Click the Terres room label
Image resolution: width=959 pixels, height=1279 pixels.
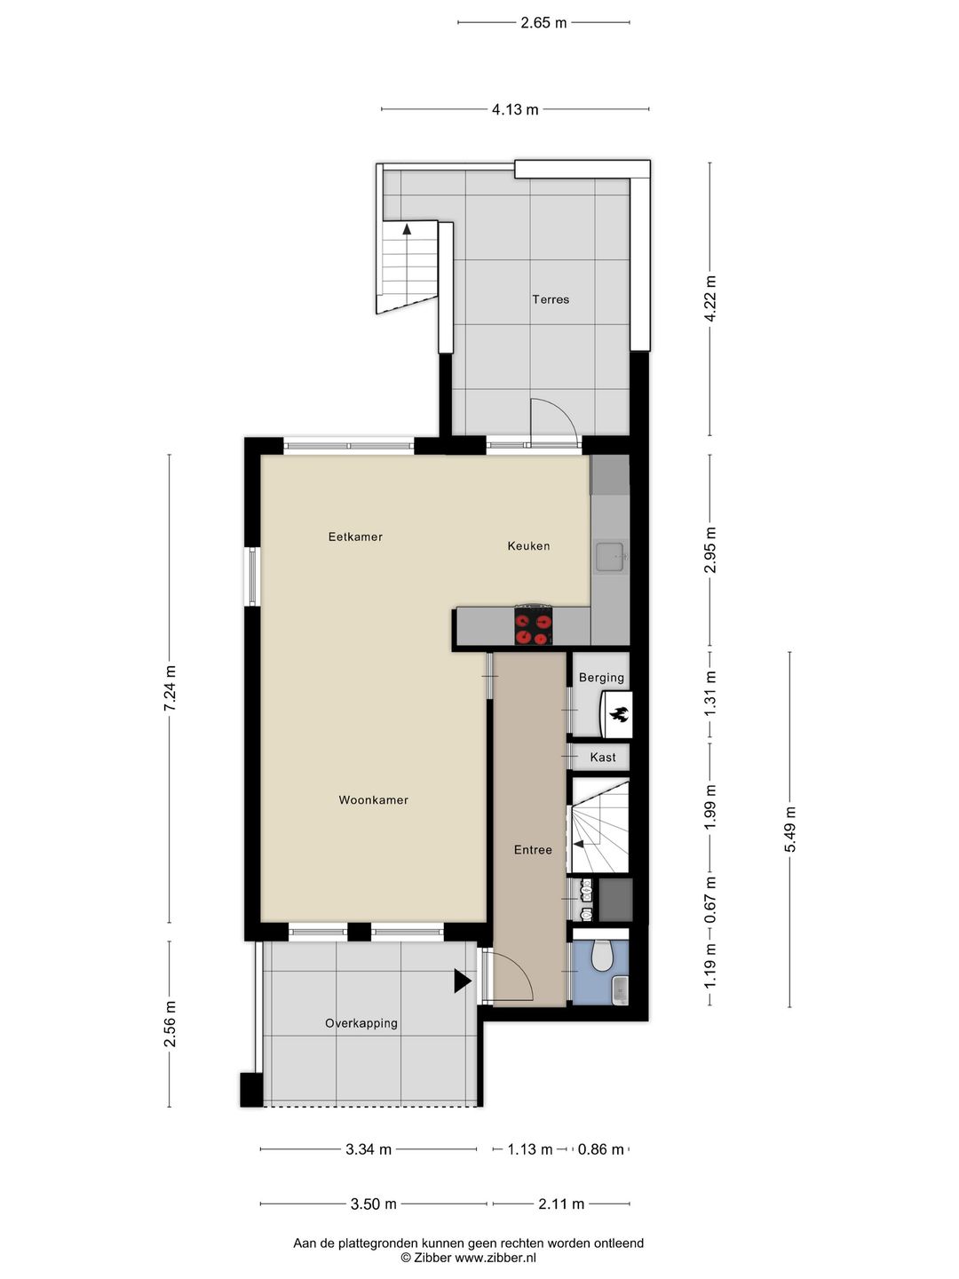tap(551, 299)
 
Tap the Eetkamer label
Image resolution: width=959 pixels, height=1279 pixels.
tap(355, 536)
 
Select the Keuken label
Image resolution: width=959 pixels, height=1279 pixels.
tap(528, 546)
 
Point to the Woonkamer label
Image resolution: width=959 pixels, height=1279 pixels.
tap(373, 800)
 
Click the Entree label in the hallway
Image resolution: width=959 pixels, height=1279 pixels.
tap(533, 850)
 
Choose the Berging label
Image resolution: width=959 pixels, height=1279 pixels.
tap(601, 678)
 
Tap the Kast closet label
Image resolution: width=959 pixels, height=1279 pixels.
tap(603, 758)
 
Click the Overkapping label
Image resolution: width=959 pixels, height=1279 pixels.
tap(361, 1023)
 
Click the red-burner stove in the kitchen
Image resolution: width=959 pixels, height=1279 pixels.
tap(534, 625)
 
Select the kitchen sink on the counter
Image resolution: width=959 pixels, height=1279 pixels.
tap(611, 558)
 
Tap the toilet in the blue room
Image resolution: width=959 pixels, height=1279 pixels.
tap(602, 956)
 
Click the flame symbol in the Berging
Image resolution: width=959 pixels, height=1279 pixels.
tap(618, 713)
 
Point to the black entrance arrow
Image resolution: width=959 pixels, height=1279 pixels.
tap(462, 981)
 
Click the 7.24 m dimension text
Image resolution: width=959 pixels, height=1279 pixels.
tap(170, 687)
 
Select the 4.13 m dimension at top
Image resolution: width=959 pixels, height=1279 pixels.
tap(515, 110)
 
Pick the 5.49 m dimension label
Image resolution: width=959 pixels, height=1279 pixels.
tap(789, 830)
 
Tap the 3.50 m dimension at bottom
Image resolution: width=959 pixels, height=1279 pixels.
tap(373, 1204)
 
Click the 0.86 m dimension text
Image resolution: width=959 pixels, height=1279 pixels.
tap(601, 1149)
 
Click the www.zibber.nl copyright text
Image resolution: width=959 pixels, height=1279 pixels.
tap(468, 1258)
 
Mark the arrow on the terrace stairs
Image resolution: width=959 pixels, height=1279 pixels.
tap(408, 228)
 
